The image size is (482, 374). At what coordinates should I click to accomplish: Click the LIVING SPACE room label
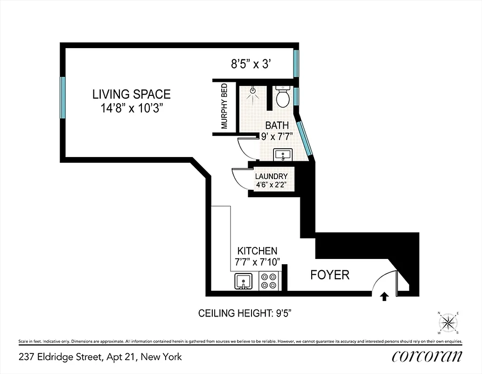[131, 94]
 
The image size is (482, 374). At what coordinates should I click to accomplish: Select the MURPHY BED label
[224, 106]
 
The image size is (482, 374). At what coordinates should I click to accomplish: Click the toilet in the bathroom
[282, 97]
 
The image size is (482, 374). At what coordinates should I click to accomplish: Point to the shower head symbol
[253, 91]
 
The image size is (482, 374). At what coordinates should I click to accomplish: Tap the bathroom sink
[282, 155]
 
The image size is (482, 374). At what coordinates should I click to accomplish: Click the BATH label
[277, 125]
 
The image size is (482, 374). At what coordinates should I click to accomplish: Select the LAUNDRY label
[271, 176]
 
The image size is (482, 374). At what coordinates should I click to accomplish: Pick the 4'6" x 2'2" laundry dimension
[271, 185]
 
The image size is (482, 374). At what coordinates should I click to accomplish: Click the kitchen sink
[243, 281]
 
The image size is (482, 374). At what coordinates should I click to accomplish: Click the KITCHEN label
[257, 251]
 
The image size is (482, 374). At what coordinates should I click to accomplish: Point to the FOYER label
[330, 274]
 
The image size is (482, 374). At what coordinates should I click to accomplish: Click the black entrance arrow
[384, 296]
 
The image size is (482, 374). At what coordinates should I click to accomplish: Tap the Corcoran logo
[426, 357]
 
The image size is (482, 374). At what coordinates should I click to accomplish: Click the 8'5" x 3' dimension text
[251, 65]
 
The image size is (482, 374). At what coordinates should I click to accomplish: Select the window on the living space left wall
[62, 98]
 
